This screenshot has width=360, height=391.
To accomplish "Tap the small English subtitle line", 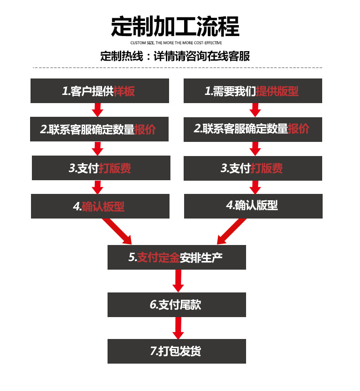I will pyautogui.click(x=175, y=43).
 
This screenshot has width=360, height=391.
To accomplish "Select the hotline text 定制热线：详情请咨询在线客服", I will pyautogui.click(x=175, y=57).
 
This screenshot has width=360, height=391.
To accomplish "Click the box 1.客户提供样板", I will pyautogui.click(x=100, y=91).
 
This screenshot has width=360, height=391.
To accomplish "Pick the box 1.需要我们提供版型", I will pyautogui.click(x=253, y=91).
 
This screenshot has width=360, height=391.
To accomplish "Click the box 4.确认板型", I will pyautogui.click(x=100, y=206).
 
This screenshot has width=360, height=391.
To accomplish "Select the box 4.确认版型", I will pyautogui.click(x=253, y=206).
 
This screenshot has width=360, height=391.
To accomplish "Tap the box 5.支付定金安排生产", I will pyautogui.click(x=176, y=257).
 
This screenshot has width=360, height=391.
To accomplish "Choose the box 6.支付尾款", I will pyautogui.click(x=176, y=305).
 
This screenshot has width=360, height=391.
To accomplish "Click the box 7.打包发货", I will pyautogui.click(x=176, y=351).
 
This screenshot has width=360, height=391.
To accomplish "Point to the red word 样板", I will pyautogui.click(x=124, y=91).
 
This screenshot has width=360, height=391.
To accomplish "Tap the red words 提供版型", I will pyautogui.click(x=277, y=91).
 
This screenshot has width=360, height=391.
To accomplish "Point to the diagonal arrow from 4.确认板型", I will pyautogui.click(x=118, y=231).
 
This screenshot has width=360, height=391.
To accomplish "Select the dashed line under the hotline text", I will pyautogui.click(x=177, y=68).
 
